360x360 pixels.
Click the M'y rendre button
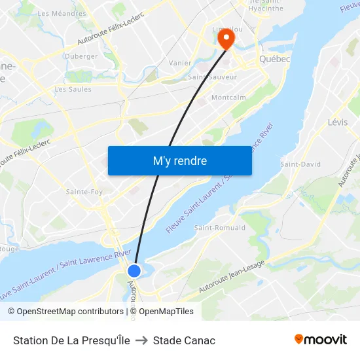point(179,160)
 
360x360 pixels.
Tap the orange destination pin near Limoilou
point(226,38)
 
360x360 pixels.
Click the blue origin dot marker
point(134,270)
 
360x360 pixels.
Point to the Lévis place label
point(338,122)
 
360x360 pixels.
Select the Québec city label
point(274,59)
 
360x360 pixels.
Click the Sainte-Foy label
point(84,192)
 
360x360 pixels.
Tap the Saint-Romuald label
point(220,228)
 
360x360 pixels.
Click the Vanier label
point(180,63)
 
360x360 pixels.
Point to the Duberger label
point(81,56)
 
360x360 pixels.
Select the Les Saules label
point(73,89)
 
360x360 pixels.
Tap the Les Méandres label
point(62,13)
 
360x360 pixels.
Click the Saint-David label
point(300,164)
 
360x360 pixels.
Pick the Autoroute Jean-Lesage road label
point(232,275)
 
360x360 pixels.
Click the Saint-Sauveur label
point(212,77)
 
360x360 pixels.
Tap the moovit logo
point(320,340)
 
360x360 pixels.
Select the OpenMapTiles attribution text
point(166,312)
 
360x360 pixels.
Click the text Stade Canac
point(184,340)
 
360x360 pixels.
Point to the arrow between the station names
point(141,340)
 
